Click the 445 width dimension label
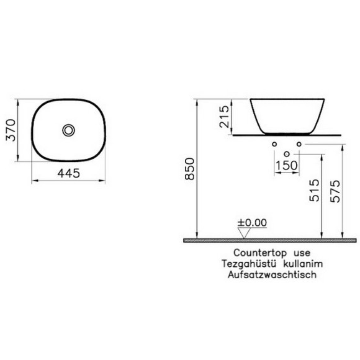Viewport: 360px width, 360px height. tap(68, 174)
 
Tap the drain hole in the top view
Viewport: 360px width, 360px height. tap(68, 130)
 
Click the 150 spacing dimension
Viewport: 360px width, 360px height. tap(286, 166)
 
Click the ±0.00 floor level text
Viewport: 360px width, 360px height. tap(252, 222)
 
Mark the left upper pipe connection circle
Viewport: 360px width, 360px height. tap(274, 145)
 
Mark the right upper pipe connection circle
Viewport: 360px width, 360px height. tap(299, 145)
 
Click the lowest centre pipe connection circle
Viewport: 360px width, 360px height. tap(286, 154)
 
